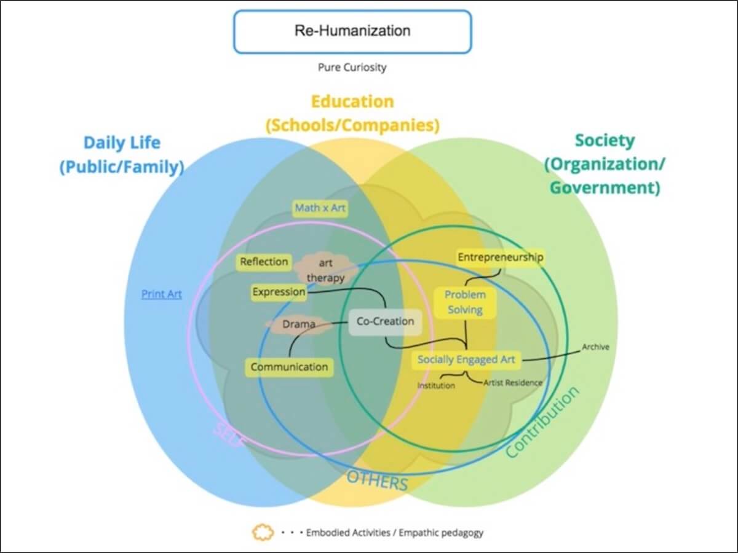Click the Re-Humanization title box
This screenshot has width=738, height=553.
[352, 31]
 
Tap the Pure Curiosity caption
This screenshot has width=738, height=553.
[352, 67]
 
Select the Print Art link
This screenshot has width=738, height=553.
[162, 294]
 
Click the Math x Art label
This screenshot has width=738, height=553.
[320, 208]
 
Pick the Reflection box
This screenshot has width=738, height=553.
[264, 262]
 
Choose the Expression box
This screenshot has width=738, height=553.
[279, 292]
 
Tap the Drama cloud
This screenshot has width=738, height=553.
[299, 324]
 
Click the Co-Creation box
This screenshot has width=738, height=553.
[385, 321]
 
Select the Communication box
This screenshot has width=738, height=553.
[289, 367]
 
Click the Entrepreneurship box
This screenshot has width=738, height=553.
[501, 257]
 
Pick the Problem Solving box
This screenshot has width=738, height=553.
[465, 302]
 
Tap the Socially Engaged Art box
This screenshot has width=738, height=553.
[466, 359]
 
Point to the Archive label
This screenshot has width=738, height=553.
[595, 347]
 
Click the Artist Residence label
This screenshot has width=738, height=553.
[512, 383]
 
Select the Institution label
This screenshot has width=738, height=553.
[436, 386]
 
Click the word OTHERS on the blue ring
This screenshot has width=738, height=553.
[377, 480]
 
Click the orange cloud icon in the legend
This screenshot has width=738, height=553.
[263, 532]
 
